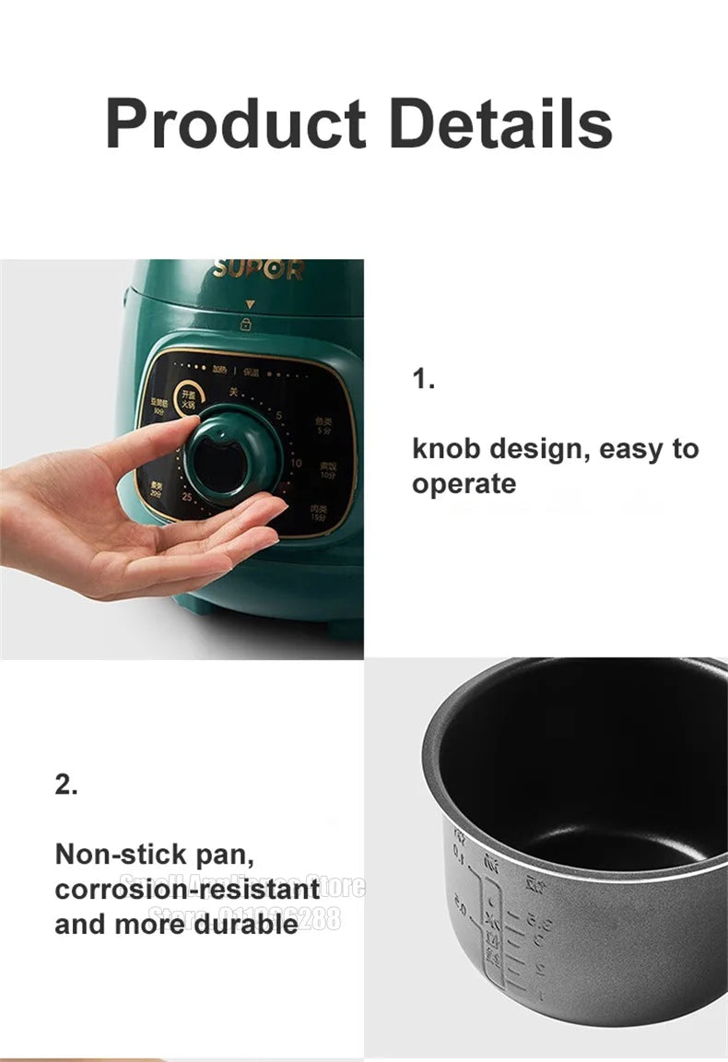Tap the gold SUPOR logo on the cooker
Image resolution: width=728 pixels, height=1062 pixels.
(x=258, y=270)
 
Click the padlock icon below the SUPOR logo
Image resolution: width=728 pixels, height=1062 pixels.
(x=246, y=324)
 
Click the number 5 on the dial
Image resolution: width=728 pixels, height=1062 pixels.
(x=277, y=416)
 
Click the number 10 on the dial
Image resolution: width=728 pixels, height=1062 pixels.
(x=296, y=463)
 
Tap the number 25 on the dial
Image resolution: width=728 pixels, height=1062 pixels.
(x=187, y=498)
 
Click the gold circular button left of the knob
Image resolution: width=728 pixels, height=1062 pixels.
(x=189, y=396)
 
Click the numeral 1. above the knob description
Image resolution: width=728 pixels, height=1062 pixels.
(x=423, y=379)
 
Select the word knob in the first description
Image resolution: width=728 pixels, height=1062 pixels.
(x=446, y=449)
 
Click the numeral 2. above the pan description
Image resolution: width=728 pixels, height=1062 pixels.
(x=66, y=785)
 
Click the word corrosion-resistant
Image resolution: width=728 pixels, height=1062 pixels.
(x=187, y=890)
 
